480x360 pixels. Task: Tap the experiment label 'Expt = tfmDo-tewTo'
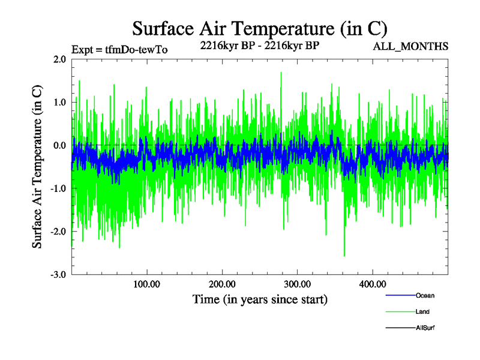click(119, 49)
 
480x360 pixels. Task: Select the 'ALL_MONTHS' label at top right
click(410, 46)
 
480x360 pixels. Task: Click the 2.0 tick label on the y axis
click(59, 59)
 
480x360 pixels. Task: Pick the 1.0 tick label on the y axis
click(59, 102)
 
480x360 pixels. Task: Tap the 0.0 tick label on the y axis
click(59, 145)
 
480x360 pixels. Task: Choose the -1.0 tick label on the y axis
click(58, 188)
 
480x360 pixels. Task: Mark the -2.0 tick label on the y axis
click(58, 232)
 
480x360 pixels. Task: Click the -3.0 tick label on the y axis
click(58, 274)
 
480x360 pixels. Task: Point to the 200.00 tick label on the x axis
click(222, 284)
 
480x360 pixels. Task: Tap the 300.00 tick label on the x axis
click(297, 284)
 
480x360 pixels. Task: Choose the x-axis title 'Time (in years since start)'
click(260, 299)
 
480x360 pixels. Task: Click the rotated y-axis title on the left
click(37, 167)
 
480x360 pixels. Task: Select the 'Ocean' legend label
click(425, 295)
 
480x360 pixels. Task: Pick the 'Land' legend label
click(422, 311)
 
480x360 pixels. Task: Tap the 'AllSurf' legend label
click(425, 328)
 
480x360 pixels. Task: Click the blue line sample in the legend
click(400, 295)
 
